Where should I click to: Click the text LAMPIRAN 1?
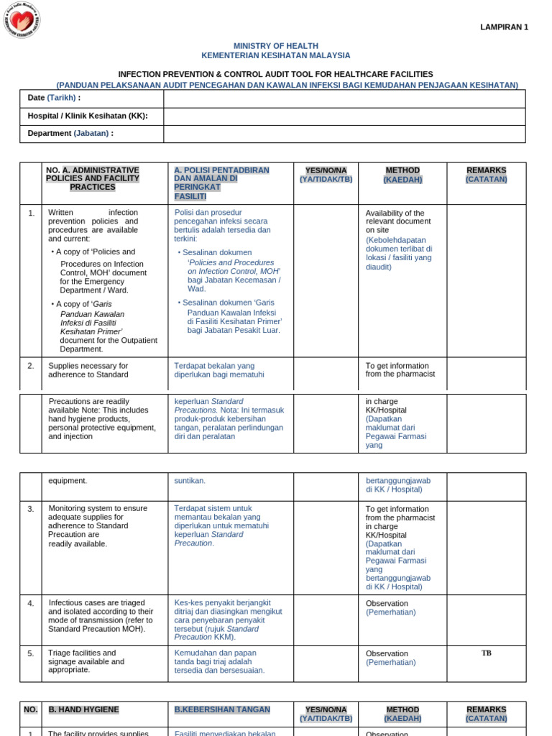click(x=504, y=27)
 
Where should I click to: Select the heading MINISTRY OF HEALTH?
click(x=276, y=46)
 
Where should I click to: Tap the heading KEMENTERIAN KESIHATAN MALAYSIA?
click(x=276, y=55)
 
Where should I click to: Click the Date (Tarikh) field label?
click(x=54, y=98)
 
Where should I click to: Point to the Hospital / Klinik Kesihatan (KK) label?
click(x=88, y=116)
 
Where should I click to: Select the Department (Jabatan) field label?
click(x=70, y=133)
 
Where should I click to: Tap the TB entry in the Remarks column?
click(x=487, y=653)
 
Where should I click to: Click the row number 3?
click(x=31, y=509)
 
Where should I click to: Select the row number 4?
click(x=31, y=604)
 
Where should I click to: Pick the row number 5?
click(x=31, y=654)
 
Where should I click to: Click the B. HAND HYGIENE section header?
click(x=84, y=710)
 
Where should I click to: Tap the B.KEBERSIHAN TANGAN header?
click(x=222, y=710)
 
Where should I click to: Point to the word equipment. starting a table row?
click(x=68, y=481)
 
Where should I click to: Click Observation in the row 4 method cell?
click(x=387, y=604)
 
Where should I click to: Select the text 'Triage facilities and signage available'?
click(x=82, y=658)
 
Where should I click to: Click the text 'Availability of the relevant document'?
click(x=395, y=218)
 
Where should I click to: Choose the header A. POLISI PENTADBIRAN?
click(x=221, y=170)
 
